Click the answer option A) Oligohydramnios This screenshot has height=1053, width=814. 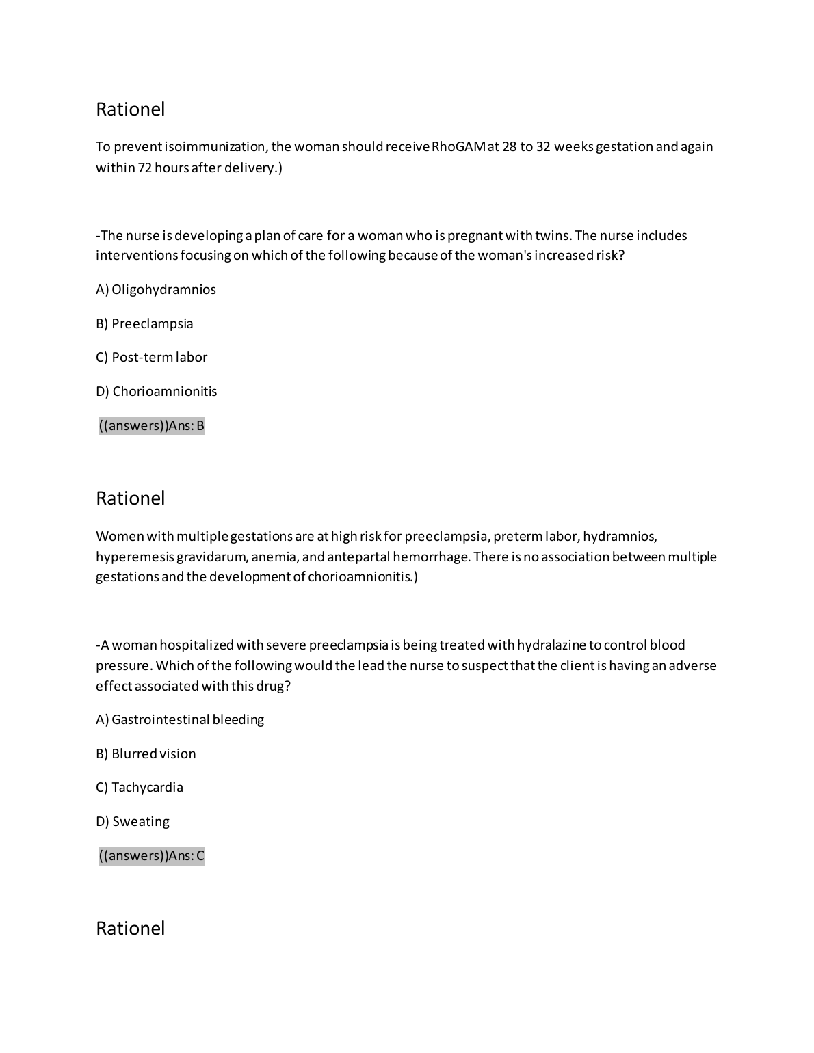point(156,289)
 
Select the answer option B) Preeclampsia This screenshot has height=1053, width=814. point(144,323)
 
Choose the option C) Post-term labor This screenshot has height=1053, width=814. point(151,357)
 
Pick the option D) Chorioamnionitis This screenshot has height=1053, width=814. point(157,391)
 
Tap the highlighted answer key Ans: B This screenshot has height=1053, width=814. point(152,426)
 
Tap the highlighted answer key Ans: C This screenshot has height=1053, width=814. point(152,856)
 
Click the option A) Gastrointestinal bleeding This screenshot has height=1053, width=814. point(180,719)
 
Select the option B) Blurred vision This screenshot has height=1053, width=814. point(146,754)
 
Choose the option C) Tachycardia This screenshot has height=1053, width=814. point(140,787)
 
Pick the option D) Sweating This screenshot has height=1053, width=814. point(133,821)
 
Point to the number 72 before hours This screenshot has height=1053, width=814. point(145,168)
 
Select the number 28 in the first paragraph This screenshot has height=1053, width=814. point(510,146)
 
